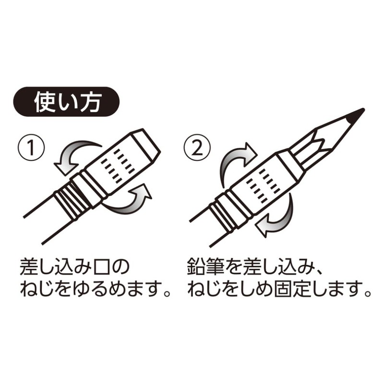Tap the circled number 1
(31, 146)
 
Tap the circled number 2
(197, 146)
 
